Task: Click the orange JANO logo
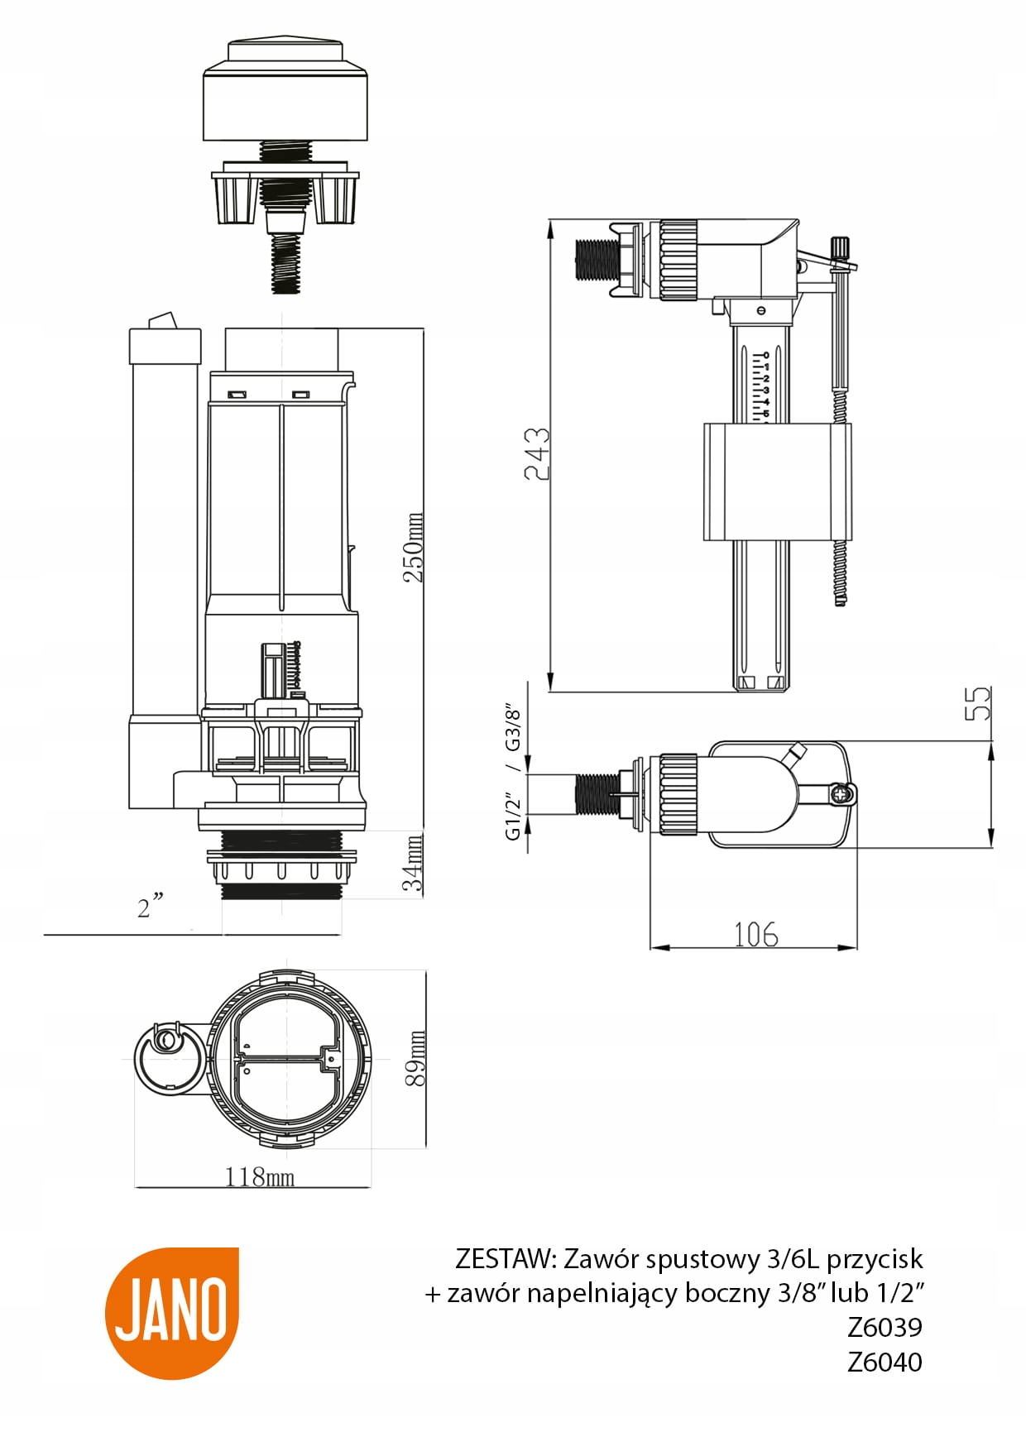(x=171, y=1312)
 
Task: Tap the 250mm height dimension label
(x=414, y=547)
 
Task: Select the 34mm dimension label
(x=414, y=863)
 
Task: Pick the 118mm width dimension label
(x=259, y=1176)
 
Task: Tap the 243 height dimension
(x=537, y=453)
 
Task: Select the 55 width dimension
(x=978, y=703)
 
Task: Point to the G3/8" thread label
(x=514, y=729)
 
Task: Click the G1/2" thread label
(x=514, y=816)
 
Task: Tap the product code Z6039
(x=885, y=1327)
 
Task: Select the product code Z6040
(x=885, y=1362)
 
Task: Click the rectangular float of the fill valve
(x=776, y=481)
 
